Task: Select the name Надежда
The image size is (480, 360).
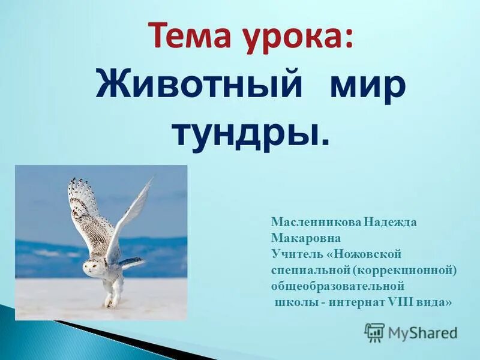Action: tap(390, 222)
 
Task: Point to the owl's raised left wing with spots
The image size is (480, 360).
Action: tap(84, 210)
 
